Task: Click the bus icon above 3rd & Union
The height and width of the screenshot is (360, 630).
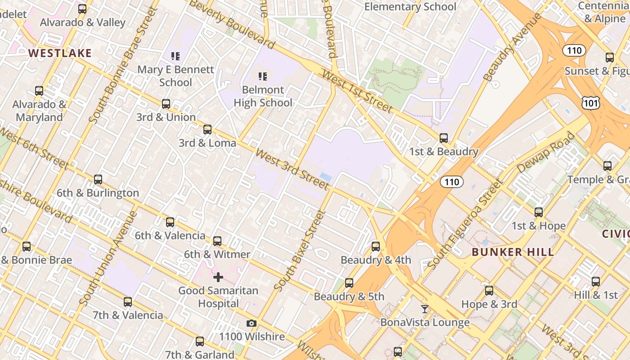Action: [166, 104]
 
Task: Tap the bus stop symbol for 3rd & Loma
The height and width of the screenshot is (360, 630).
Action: [207, 130]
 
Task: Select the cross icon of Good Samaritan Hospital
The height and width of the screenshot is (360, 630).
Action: [218, 277]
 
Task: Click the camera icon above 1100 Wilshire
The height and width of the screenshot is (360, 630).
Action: [252, 323]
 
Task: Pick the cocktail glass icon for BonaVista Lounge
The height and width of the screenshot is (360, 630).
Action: [424, 309]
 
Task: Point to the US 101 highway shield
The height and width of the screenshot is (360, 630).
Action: [590, 103]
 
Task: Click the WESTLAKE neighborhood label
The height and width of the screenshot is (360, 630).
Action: [60, 53]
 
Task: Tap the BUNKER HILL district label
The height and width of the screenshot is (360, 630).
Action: [513, 252]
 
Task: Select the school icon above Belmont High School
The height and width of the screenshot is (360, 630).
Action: [263, 76]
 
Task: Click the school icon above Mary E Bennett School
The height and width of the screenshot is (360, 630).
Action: [175, 56]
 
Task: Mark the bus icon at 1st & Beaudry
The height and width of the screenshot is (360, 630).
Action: [444, 138]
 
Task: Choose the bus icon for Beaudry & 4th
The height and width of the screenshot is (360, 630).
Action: [376, 247]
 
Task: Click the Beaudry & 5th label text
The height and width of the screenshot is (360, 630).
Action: [349, 297]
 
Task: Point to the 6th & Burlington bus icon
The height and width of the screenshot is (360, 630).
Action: [98, 180]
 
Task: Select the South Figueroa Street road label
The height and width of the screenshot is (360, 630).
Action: [464, 225]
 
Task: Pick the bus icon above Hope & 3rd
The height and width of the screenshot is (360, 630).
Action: [489, 291]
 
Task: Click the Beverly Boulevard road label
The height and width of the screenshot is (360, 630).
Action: [231, 24]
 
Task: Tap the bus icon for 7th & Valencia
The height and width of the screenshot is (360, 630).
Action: [128, 301]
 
